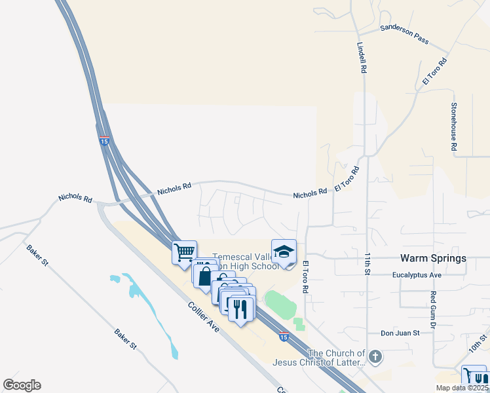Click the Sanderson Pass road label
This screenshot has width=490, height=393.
404,35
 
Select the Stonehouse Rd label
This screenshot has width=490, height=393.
453,126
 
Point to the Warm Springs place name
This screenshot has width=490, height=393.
434,258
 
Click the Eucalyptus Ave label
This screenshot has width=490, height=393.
417,275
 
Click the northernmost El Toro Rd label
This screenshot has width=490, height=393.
434,71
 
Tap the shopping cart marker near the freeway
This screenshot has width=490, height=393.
185,252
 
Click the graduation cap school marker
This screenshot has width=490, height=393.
284,252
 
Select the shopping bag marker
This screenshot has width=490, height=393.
205,276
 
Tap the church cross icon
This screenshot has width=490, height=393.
375,357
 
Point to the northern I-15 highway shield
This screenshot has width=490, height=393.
105,140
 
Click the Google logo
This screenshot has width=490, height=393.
22,385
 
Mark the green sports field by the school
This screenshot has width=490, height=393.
280,304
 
